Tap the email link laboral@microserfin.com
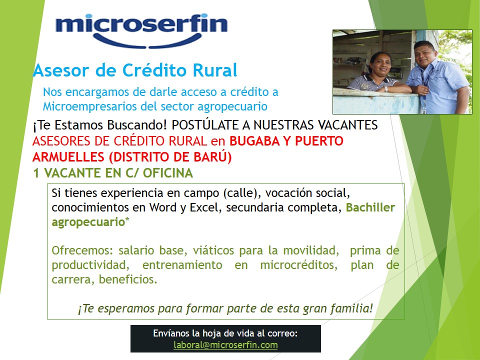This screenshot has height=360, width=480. [225, 345]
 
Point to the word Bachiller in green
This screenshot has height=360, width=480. [370, 207]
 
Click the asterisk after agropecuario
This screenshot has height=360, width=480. [127, 220]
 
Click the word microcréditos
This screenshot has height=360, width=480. [298, 265]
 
